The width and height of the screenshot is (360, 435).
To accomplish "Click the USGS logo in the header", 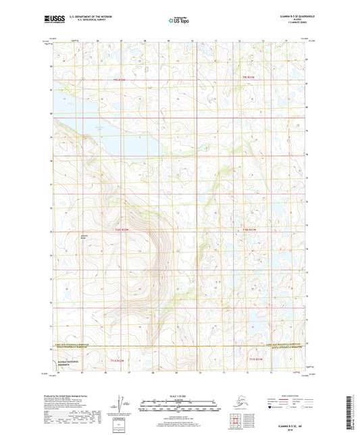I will coord(59,21).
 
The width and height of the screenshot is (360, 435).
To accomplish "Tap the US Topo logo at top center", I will coord(180,21).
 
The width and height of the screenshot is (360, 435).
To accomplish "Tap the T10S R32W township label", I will coord(120,230).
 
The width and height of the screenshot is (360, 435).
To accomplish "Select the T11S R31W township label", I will coord(257,359).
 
